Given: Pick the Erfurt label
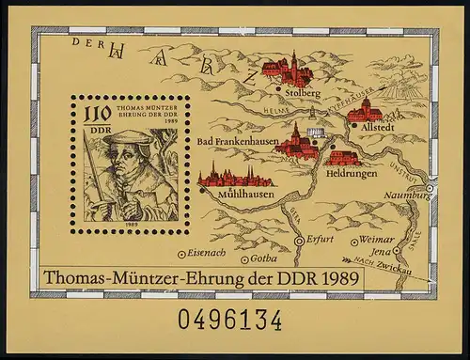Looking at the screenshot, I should [320, 240].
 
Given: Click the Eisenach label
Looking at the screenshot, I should [207, 253].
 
